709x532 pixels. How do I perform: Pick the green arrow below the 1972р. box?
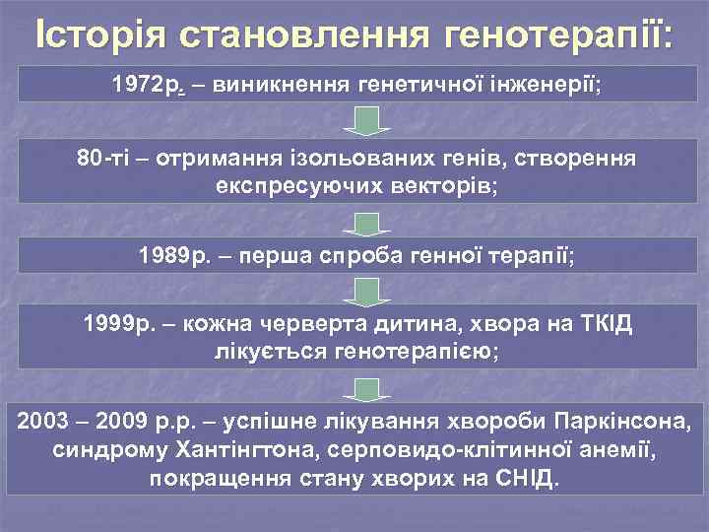[365, 121]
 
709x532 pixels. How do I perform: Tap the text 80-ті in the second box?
[103, 159]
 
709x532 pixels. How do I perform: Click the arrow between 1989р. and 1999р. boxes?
[365, 292]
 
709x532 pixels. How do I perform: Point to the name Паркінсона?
[623, 423]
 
